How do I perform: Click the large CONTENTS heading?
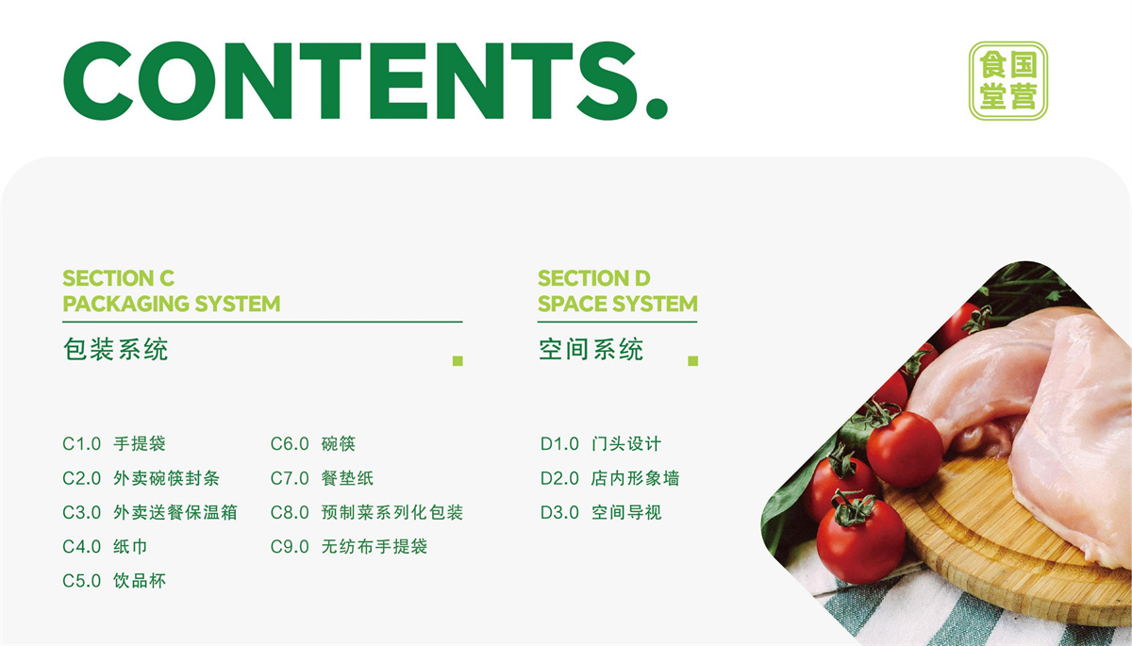365,81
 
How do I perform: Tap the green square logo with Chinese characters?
1008,81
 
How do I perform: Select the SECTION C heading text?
118,278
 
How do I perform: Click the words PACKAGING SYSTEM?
172,304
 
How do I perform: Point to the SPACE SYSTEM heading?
618,304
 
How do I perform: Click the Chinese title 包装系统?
116,350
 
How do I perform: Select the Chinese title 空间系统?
591,350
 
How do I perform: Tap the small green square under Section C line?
458,360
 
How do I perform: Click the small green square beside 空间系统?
692,360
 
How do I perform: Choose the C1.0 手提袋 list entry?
114,444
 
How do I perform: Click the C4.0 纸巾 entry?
105,546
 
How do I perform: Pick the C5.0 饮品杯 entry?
114,581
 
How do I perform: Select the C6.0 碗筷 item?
313,444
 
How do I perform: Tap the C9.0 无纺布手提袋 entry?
349,546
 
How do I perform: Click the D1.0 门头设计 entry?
601,444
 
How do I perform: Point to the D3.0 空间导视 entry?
601,513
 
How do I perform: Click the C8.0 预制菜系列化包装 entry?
367,513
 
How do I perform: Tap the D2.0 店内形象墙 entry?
610,478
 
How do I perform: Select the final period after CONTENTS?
657,108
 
